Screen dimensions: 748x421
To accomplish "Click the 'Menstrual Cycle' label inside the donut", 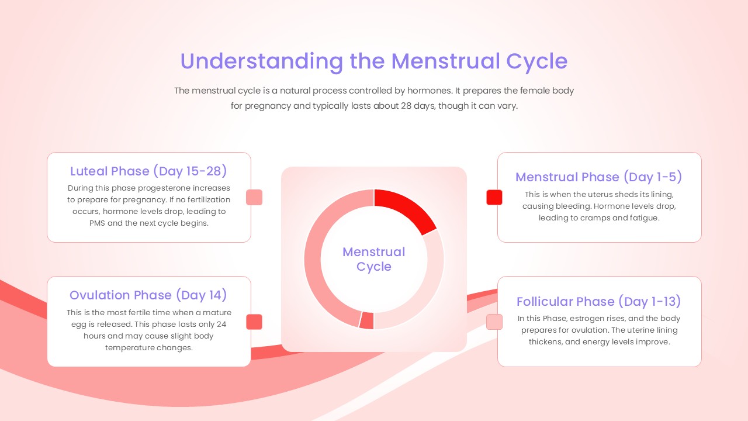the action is coord(373,259).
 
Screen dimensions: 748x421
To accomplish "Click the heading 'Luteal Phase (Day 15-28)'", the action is coord(148,171).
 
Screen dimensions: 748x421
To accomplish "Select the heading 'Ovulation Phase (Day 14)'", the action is coord(148,295).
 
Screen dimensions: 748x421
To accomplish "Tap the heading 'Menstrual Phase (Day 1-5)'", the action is coord(599,177).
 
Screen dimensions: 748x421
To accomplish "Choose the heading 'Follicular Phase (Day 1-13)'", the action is coord(599,301).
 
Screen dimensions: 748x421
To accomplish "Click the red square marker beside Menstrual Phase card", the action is coord(494,197).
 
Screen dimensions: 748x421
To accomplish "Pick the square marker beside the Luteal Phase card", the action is coord(254,197).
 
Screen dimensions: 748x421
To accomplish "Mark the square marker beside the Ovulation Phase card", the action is coord(254,322).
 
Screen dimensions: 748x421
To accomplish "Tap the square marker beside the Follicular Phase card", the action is coord(494,322).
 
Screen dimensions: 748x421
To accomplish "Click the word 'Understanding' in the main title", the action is coord(261,61).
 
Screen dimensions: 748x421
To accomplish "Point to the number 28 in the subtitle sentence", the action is coord(406,106).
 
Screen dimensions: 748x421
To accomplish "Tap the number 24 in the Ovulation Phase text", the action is coord(221,325).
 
